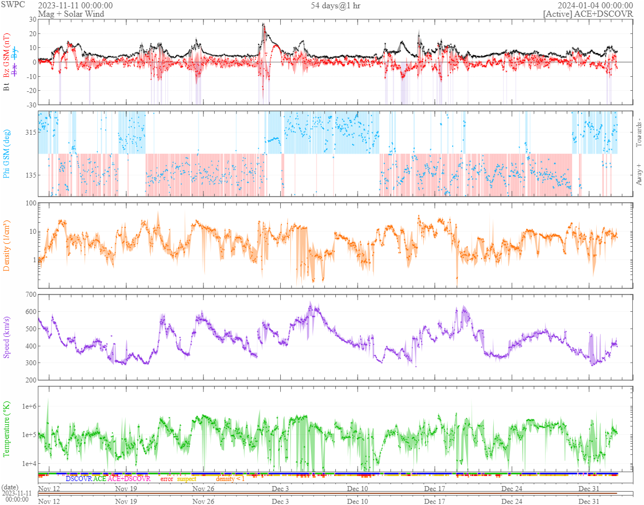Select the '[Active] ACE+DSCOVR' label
point(588,14)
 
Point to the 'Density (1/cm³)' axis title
point(7,245)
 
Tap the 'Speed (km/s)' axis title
point(7,337)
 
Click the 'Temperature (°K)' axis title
point(7,429)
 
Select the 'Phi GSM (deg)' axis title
point(7,153)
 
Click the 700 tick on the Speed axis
point(29,294)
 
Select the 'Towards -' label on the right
point(638,133)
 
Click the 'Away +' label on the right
point(638,175)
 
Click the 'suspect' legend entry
point(186,479)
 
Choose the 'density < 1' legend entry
point(230,479)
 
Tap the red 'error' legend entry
point(166,479)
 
